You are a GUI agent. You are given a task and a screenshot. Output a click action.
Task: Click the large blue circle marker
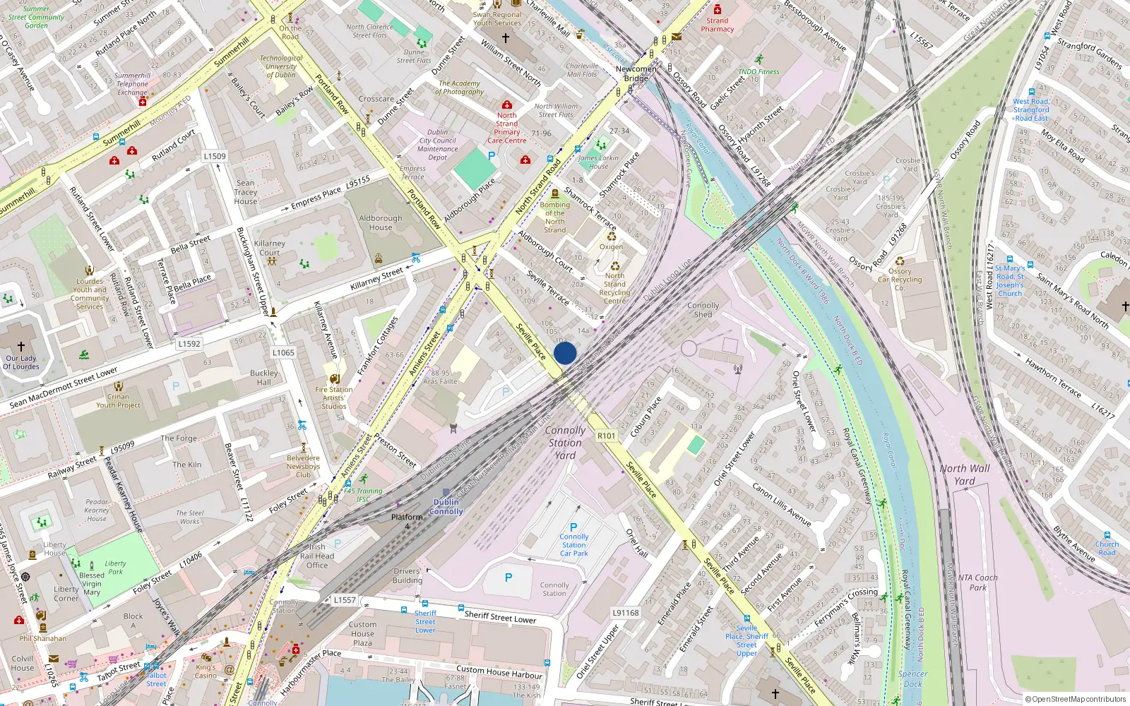pyautogui.click(x=565, y=353)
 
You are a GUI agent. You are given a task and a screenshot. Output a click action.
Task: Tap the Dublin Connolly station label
pyautogui.click(x=446, y=507)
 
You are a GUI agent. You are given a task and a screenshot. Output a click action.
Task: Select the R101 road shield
pyautogui.click(x=607, y=436)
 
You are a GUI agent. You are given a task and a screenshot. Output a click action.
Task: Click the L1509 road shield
pyautogui.click(x=215, y=156)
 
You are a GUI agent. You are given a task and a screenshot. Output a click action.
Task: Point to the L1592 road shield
pyautogui.click(x=189, y=344)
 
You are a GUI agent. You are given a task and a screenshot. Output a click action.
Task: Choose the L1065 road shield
pyautogui.click(x=283, y=352)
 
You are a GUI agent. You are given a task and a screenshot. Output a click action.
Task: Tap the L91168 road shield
pyautogui.click(x=625, y=613)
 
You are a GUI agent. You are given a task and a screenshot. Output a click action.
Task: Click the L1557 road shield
pyautogui.click(x=345, y=600)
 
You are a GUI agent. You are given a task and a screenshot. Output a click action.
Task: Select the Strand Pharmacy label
pyautogui.click(x=717, y=25)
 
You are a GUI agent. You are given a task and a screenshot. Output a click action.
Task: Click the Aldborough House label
pyautogui.click(x=380, y=222)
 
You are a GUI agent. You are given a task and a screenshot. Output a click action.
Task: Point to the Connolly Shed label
pyautogui.click(x=703, y=310)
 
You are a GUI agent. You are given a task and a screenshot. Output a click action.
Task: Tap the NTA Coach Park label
pyautogui.click(x=978, y=582)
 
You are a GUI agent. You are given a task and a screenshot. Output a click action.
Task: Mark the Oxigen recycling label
pyautogui.click(x=611, y=246)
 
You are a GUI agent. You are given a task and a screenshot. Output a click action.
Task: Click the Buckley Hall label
pyautogui.click(x=263, y=378)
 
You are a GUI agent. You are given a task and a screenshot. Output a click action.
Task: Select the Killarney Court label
pyautogui.click(x=269, y=248)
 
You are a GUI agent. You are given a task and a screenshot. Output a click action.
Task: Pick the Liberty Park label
pyautogui.click(x=116, y=568)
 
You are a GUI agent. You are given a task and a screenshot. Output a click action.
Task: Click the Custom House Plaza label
pyautogui.click(x=362, y=633)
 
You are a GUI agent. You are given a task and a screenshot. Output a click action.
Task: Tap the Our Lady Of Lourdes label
pyautogui.click(x=21, y=362)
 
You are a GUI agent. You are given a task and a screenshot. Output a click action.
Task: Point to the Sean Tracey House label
pyautogui.click(x=246, y=192)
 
